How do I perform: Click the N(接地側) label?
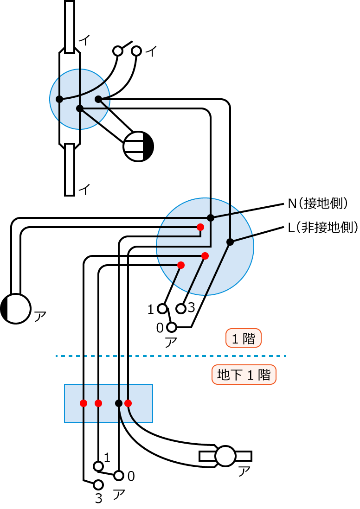(318, 203)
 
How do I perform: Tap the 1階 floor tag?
(244, 338)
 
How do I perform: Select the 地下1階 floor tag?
(244, 375)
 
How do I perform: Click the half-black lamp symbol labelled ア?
(16, 308)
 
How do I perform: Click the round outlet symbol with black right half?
(138, 146)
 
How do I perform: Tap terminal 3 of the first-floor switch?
(181, 308)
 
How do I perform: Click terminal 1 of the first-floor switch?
(162, 308)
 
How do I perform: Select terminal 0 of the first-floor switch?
(172, 328)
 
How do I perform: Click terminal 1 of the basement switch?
(98, 465)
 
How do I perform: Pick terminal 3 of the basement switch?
(98, 485)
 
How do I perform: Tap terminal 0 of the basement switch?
(119, 476)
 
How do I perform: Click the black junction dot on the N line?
(211, 218)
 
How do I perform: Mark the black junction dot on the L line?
(230, 242)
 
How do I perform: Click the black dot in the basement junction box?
(119, 403)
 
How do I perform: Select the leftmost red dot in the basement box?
(84, 403)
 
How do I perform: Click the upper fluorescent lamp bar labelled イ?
(70, 26)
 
